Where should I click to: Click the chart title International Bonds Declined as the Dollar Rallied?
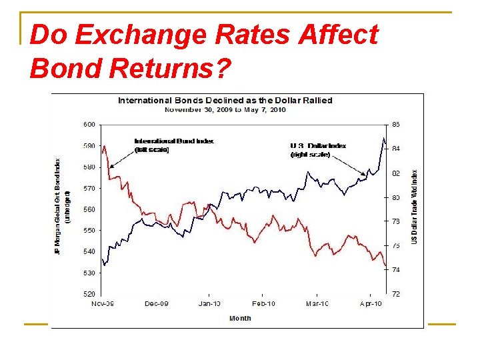(x=225, y=101)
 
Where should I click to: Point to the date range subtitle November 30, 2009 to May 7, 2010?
(x=225, y=109)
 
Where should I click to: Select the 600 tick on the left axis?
(x=89, y=124)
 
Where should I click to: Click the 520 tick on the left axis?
(x=89, y=294)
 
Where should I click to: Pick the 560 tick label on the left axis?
(x=89, y=209)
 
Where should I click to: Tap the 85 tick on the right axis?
(x=395, y=124)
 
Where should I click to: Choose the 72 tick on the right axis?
(x=395, y=294)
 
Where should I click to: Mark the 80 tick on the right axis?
(x=395, y=197)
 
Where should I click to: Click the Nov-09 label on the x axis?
(x=102, y=304)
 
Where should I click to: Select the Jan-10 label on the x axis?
(x=209, y=304)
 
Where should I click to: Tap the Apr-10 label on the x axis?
(x=371, y=304)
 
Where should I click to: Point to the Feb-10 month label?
(x=263, y=304)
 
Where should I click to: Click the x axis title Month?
(x=240, y=318)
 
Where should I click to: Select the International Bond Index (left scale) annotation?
(x=174, y=145)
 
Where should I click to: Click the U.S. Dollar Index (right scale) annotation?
(x=318, y=150)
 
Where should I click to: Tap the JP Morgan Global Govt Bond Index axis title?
(x=61, y=206)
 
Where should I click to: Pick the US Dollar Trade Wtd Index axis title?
(x=415, y=206)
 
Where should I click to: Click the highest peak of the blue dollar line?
(x=383, y=139)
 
